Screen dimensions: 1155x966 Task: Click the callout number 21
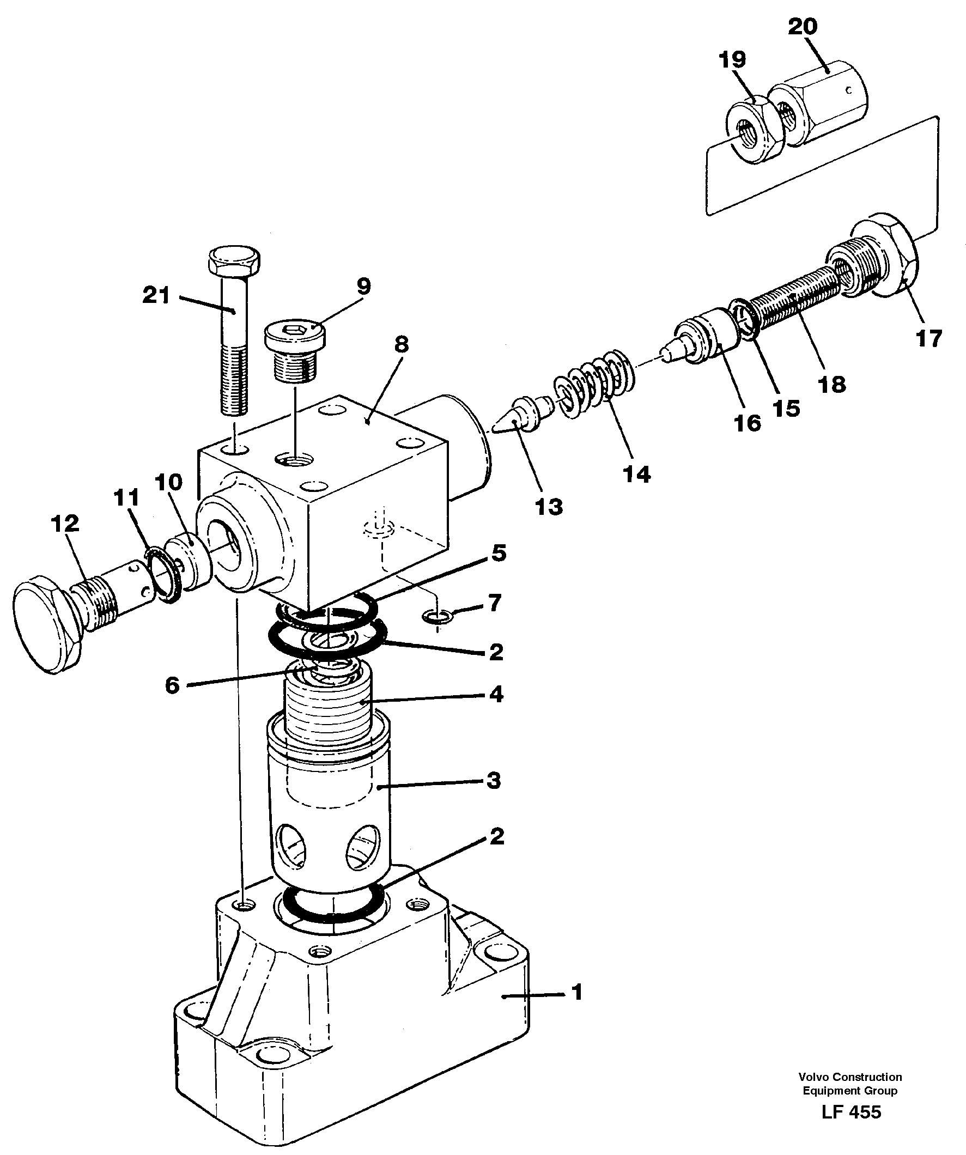(156, 296)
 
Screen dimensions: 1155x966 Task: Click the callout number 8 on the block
(401, 345)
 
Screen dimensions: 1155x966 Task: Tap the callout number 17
(929, 338)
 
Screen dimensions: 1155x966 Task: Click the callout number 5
(499, 554)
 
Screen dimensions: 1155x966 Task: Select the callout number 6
(172, 685)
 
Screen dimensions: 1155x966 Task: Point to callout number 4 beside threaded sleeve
(496, 695)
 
